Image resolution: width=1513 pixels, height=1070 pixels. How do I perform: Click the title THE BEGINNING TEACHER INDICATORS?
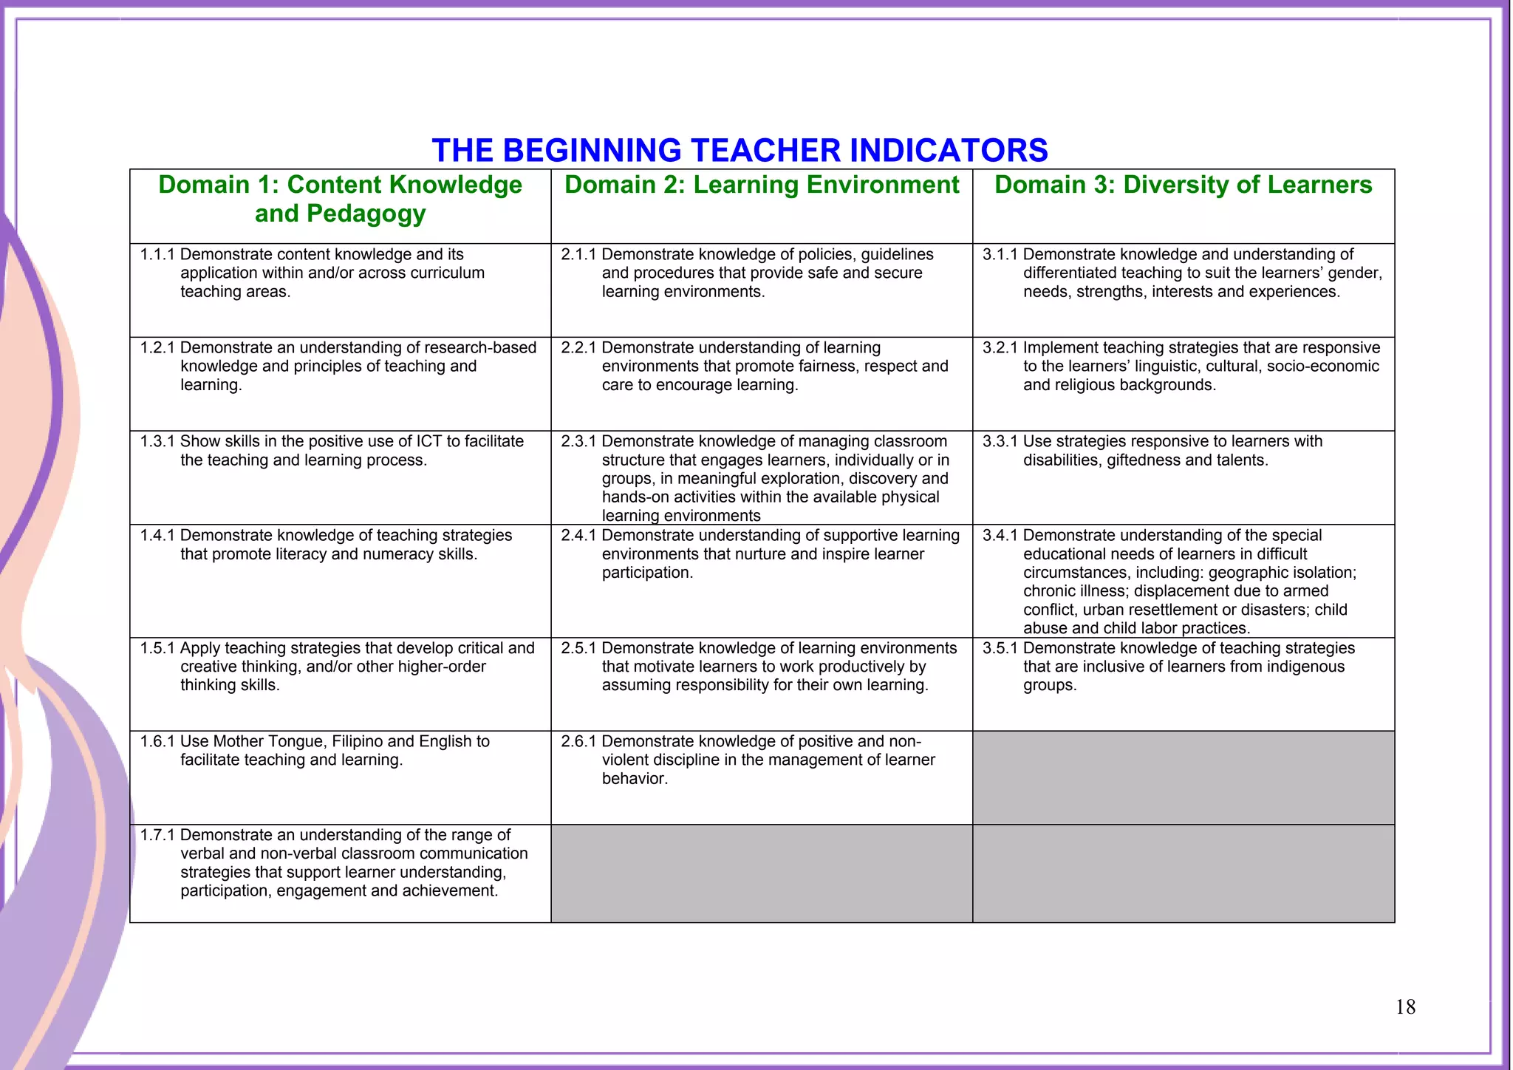point(740,150)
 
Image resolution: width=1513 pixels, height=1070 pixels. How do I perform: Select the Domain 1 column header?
point(340,199)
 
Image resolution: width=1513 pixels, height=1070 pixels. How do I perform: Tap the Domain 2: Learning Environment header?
point(762,185)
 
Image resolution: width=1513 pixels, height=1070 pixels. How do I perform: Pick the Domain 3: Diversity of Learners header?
point(1183,185)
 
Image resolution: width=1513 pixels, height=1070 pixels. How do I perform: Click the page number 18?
point(1405,1007)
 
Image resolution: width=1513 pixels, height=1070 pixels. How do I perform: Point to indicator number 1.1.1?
point(157,255)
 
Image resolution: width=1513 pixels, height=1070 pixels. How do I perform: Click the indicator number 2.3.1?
point(578,442)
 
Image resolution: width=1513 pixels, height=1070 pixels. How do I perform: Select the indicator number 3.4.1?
point(1000,536)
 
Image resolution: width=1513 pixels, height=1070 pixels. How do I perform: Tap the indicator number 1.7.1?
point(157,836)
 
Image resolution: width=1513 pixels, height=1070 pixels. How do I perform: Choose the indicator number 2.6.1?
point(578,742)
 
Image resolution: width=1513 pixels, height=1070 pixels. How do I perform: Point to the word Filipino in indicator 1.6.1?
point(357,742)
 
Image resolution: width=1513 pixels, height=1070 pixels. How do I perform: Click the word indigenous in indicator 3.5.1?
point(1305,667)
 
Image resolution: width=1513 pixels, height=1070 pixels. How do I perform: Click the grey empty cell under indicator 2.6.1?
point(762,873)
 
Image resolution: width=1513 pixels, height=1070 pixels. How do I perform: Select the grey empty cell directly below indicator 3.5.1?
point(1183,777)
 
